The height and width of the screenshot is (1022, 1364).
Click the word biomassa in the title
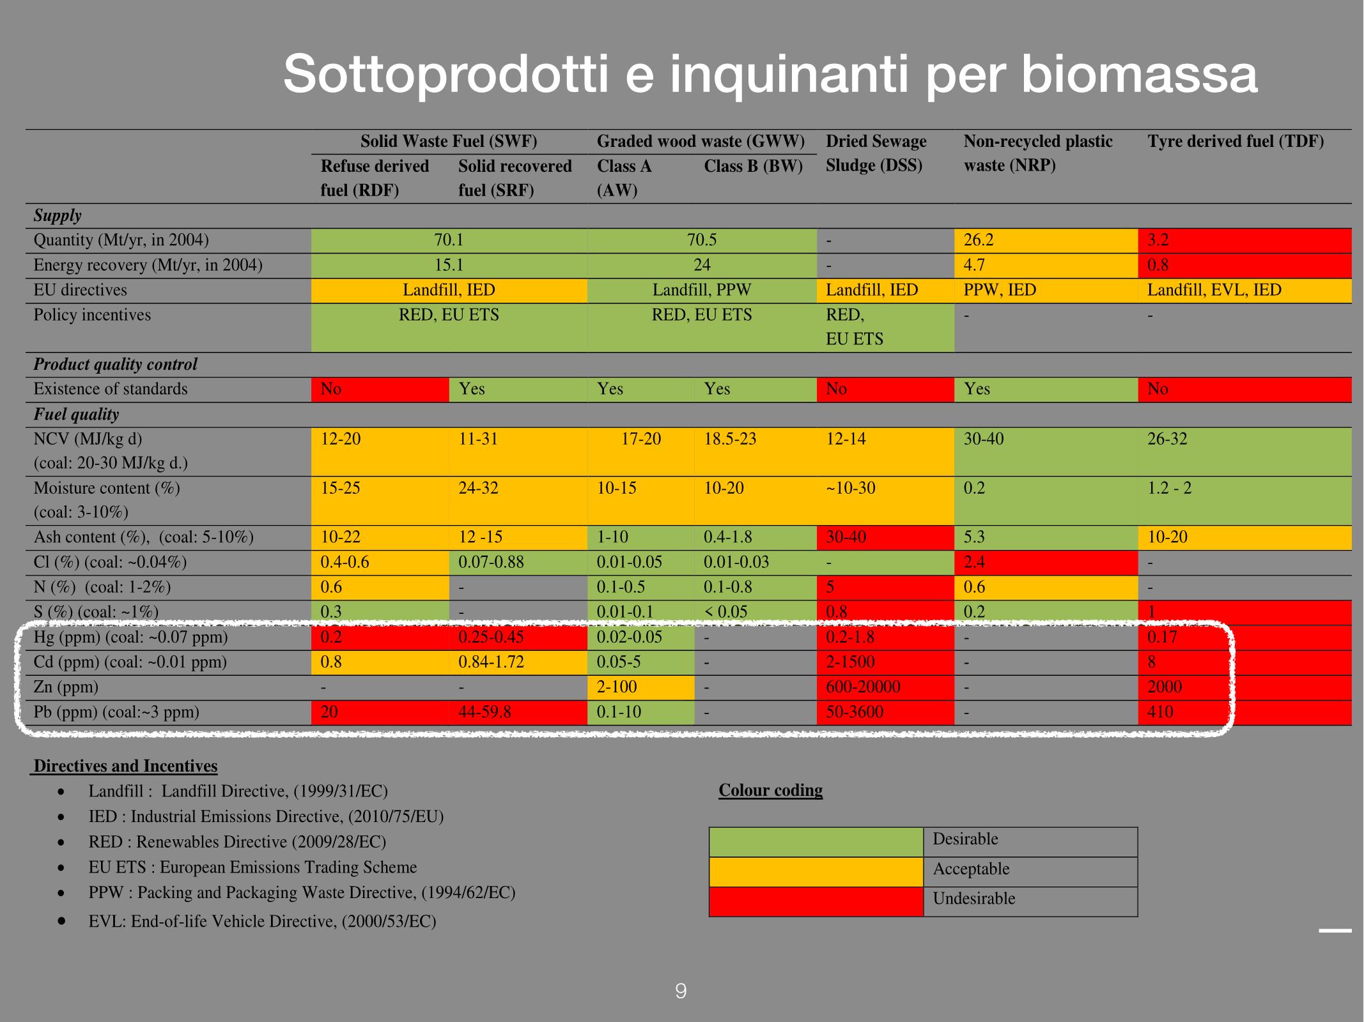click(1140, 75)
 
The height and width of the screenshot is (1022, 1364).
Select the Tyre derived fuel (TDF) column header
click(1235, 141)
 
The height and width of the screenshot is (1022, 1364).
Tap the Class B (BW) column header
click(753, 166)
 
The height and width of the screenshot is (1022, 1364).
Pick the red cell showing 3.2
click(1244, 241)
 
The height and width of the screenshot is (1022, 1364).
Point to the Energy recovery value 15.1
click(449, 265)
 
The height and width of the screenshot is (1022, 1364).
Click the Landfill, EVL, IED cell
click(1214, 290)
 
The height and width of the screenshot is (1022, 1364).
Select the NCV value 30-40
click(984, 439)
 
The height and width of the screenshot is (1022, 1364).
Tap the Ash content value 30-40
click(846, 537)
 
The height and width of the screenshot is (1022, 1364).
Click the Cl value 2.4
click(974, 562)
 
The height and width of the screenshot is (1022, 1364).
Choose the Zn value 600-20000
click(863, 687)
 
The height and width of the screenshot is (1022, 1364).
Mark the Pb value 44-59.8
click(484, 712)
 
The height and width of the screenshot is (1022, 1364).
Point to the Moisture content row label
click(107, 489)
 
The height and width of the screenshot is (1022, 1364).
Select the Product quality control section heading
click(115, 365)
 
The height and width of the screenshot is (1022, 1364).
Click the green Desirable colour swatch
click(816, 842)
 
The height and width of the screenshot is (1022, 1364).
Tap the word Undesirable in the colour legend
click(974, 899)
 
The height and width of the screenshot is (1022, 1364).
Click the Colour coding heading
click(770, 790)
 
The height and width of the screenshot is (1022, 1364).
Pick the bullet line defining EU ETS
click(252, 867)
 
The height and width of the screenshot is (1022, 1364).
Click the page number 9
click(681, 991)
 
